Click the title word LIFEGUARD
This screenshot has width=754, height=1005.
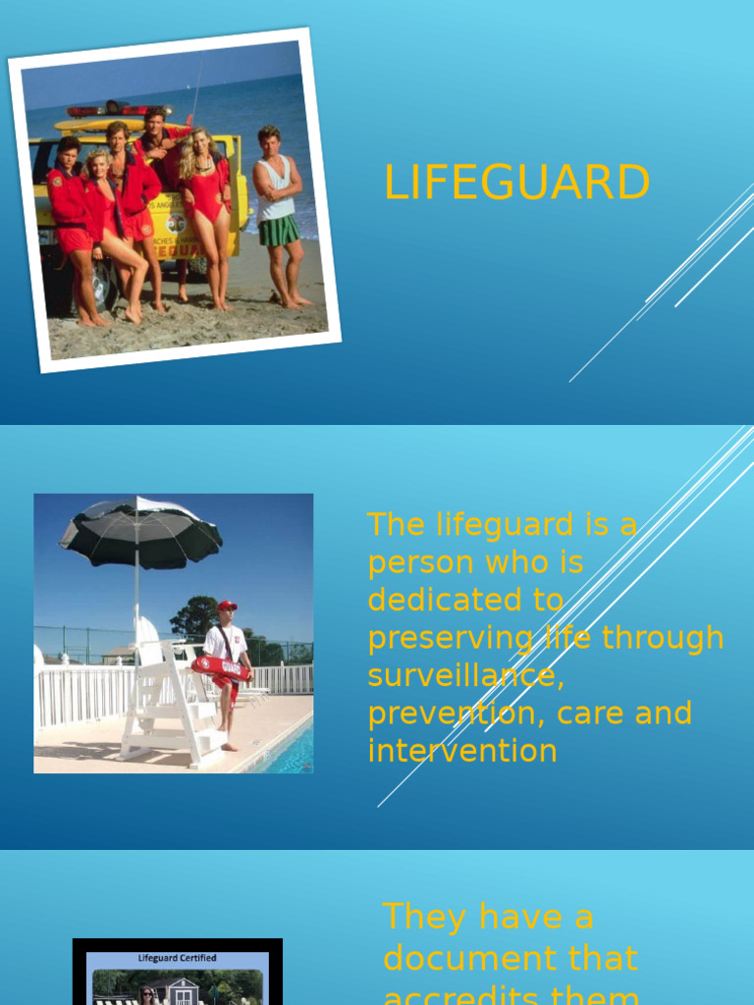point(516,184)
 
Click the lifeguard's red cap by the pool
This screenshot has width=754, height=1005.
point(228,606)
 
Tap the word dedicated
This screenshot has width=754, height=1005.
point(465,600)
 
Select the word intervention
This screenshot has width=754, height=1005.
point(462,751)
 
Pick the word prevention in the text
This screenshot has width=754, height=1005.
point(457,714)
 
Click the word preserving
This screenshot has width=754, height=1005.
point(451,638)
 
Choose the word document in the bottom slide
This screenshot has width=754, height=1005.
point(511,957)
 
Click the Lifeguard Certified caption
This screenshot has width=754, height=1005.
point(177,958)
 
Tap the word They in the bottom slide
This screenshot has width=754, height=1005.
point(425,917)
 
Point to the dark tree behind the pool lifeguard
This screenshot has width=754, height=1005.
point(193,615)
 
